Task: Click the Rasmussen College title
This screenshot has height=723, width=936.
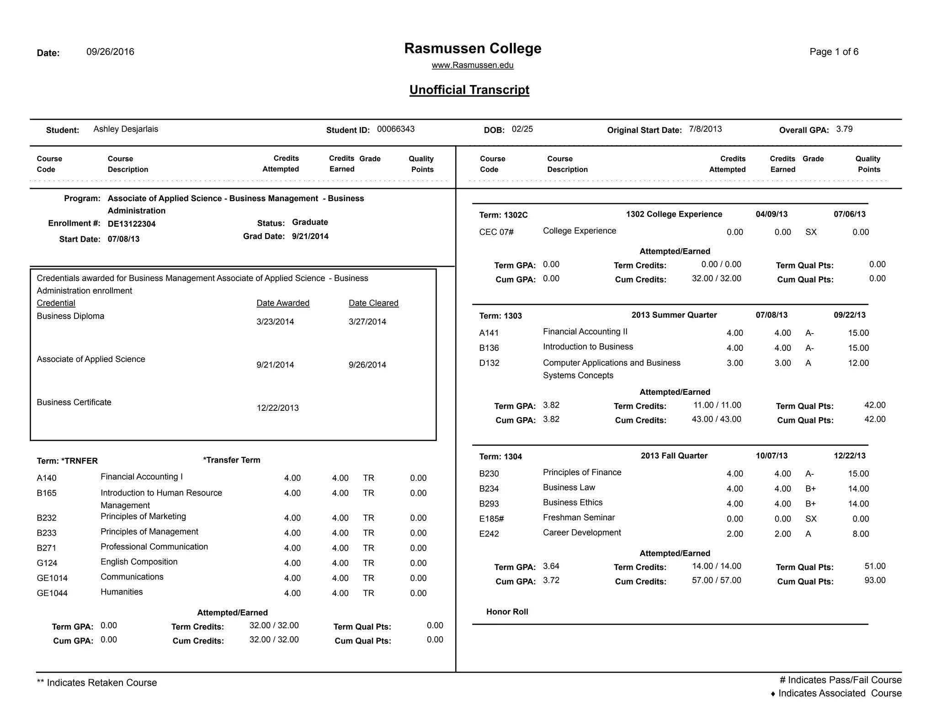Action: (473, 48)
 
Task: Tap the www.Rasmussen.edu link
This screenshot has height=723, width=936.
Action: (473, 65)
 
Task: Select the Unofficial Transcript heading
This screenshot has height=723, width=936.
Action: (469, 90)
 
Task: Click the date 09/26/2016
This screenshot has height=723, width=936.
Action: (110, 52)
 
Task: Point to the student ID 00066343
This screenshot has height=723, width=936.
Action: (395, 129)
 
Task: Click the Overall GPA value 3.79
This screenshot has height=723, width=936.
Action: (844, 129)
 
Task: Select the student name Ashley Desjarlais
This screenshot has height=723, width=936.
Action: (126, 129)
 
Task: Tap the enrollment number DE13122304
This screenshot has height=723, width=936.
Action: (132, 224)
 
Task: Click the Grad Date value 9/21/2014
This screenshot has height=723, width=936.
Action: (310, 236)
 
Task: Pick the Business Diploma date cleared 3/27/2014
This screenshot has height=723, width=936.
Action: (367, 322)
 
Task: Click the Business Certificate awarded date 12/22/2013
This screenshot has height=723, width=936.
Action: (277, 408)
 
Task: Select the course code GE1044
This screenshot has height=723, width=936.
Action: (52, 593)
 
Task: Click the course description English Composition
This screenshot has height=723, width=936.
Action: (139, 562)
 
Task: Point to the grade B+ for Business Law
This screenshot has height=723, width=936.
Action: (810, 489)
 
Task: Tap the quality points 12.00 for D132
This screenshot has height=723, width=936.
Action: (858, 363)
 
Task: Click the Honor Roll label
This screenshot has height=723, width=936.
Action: (507, 611)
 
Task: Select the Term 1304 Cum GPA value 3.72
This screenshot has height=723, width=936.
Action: (551, 580)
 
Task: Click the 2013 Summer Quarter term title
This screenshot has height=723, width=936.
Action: (674, 315)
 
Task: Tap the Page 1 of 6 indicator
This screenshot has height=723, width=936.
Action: (834, 52)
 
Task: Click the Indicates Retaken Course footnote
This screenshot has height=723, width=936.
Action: (97, 682)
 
